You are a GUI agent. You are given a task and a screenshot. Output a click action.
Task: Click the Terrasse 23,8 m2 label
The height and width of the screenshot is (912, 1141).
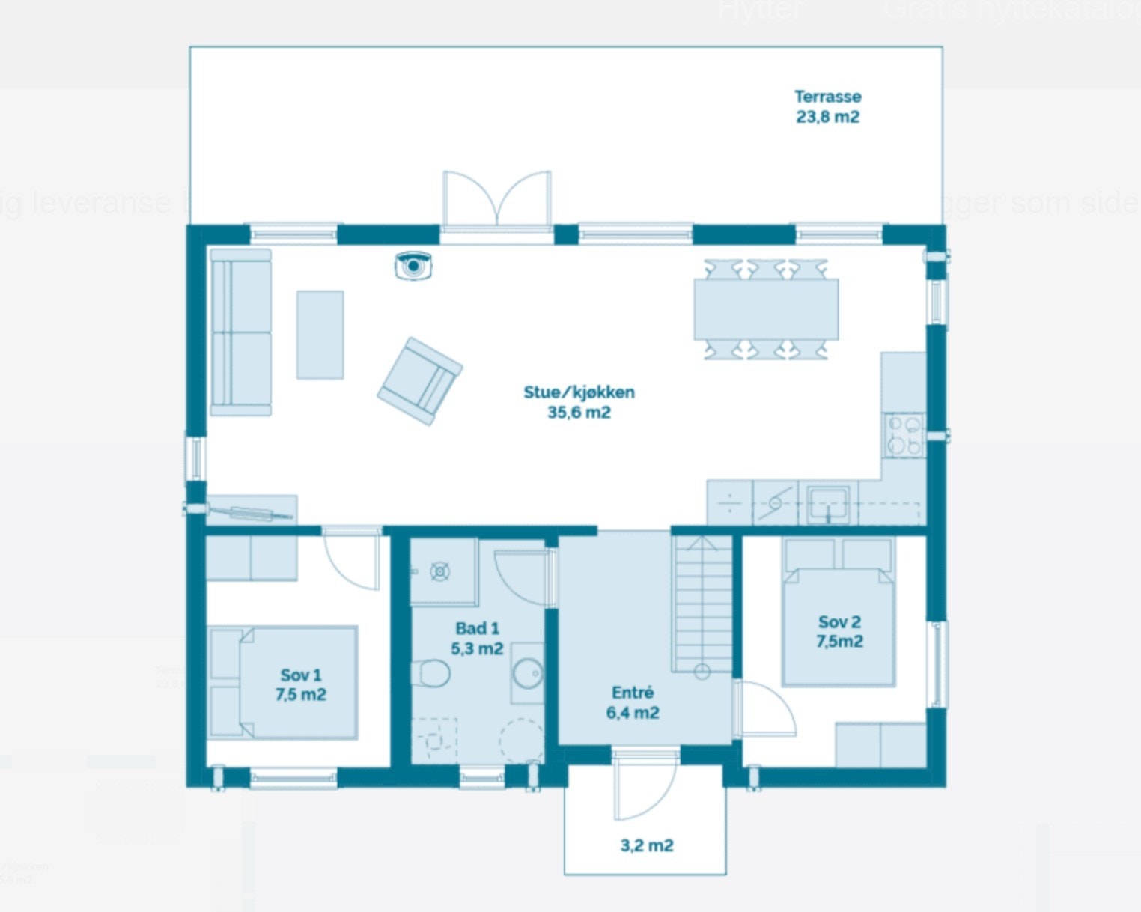coord(827,106)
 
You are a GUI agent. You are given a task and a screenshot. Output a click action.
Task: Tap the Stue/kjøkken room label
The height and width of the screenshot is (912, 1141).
coord(579,402)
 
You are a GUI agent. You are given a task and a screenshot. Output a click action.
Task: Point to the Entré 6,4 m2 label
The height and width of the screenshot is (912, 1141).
coord(633,702)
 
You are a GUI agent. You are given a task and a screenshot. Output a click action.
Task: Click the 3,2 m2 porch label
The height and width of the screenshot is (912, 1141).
coord(647,845)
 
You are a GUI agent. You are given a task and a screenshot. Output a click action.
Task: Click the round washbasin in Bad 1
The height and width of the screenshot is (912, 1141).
coord(528,672)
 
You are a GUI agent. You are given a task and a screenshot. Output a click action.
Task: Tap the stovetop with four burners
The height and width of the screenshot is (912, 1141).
coord(904,436)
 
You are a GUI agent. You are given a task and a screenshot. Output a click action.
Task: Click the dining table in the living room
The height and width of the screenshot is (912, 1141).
coord(766,309)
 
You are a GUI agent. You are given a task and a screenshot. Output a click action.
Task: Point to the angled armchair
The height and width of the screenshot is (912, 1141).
coord(419,381)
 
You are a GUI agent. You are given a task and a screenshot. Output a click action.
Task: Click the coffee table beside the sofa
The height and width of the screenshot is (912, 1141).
coord(320,335)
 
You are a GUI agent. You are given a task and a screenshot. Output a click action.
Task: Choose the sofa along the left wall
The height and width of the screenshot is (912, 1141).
coord(240,332)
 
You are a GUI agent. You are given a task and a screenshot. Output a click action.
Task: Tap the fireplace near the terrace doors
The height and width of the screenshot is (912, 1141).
coord(414,266)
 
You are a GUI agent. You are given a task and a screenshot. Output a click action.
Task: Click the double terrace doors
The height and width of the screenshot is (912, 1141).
coord(497,198)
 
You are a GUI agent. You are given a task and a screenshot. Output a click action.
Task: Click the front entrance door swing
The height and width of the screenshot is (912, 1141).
coord(644,786)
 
